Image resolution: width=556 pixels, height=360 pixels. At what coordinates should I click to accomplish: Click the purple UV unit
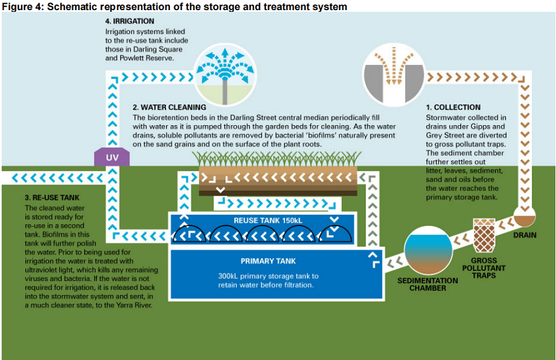click(112, 157)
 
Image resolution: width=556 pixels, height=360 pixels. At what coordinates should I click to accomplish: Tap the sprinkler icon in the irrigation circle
click(225, 75)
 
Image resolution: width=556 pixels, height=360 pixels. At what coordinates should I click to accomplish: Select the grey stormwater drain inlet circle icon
click(394, 75)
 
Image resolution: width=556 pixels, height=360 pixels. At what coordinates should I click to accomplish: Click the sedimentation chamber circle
click(428, 250)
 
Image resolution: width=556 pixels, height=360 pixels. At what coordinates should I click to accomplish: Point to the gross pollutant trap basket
click(484, 235)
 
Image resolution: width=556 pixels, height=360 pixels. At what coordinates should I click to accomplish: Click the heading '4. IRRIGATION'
click(130, 21)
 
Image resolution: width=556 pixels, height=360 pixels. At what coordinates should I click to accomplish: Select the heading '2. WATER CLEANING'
click(169, 107)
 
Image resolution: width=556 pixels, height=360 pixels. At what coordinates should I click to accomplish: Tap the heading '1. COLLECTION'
click(453, 107)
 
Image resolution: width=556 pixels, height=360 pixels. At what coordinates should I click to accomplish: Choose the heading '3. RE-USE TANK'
click(52, 198)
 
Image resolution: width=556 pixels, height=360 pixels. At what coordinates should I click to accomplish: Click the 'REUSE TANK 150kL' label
click(268, 220)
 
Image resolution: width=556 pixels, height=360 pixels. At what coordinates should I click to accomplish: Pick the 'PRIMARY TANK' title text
click(268, 261)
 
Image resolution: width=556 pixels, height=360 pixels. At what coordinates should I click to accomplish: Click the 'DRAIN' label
click(525, 235)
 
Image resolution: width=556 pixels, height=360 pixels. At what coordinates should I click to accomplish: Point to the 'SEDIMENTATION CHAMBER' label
click(428, 284)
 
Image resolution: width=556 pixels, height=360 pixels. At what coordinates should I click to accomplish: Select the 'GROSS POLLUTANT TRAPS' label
click(484, 268)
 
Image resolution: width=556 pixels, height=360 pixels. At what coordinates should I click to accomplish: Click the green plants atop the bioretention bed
click(277, 159)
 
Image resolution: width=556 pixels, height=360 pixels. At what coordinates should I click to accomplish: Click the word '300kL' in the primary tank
click(227, 276)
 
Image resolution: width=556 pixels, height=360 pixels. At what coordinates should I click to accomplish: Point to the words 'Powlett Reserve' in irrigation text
click(147, 58)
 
